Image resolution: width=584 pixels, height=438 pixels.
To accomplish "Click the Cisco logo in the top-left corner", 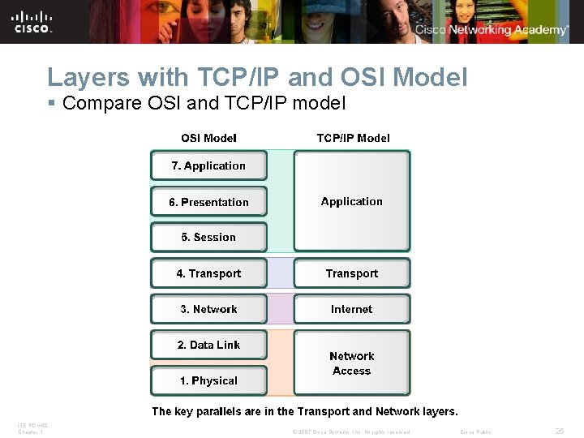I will (32, 21).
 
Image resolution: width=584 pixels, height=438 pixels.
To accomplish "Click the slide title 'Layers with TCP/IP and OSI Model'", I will (257, 77).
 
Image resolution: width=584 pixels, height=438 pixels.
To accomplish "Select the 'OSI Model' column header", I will (208, 138).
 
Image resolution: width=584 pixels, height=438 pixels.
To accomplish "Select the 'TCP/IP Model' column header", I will (353, 138).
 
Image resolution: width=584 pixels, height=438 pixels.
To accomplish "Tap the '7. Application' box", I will (208, 165).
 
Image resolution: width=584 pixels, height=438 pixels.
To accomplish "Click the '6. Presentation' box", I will (208, 202).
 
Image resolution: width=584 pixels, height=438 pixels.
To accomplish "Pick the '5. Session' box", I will (208, 238).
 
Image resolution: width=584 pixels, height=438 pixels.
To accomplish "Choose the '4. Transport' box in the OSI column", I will (208, 273).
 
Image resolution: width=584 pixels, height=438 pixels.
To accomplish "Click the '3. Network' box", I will (208, 309).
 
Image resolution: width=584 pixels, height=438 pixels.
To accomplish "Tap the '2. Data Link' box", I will (208, 345).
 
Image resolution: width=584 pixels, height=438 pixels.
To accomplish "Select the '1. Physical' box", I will (208, 380).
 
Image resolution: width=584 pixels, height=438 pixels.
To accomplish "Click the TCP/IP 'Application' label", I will (351, 201).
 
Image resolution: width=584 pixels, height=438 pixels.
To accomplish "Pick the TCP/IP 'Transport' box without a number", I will (351, 273).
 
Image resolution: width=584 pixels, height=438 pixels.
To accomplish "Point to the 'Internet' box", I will (351, 309).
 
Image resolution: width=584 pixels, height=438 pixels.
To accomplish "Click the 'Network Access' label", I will (351, 363).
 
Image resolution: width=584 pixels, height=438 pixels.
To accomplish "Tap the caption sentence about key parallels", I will (305, 411).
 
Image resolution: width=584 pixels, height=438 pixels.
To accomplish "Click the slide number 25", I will (559, 432).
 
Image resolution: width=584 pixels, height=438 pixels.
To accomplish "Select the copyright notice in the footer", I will (350, 432).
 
